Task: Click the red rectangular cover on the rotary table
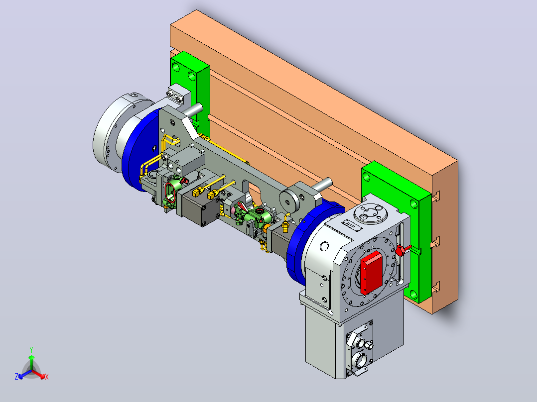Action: [371, 272]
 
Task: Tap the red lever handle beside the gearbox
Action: [403, 250]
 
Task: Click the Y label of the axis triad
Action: [31, 350]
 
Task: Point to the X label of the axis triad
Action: [47, 377]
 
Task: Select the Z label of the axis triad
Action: [16, 377]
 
